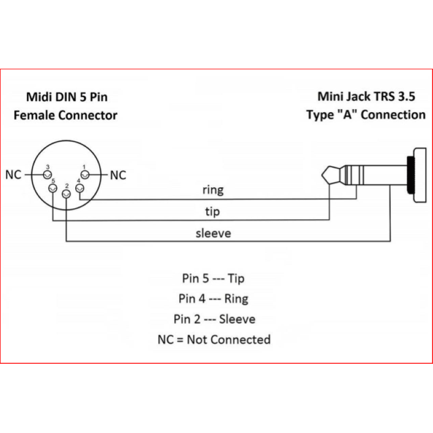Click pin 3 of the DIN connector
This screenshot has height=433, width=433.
(x=48, y=175)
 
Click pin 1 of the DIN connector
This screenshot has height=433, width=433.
(x=85, y=175)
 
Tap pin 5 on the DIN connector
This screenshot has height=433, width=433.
(x=53, y=188)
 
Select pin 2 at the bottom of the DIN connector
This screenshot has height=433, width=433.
(x=66, y=194)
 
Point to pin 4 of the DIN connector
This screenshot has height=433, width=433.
(x=80, y=188)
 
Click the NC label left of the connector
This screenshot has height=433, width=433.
(x=13, y=175)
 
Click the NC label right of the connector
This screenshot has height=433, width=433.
(x=118, y=175)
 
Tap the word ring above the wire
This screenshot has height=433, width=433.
(x=213, y=191)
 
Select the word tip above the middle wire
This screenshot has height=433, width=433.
(x=212, y=212)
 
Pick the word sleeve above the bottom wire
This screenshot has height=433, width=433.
(x=213, y=233)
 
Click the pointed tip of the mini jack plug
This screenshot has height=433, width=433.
(x=322, y=175)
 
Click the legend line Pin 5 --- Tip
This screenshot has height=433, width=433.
(x=213, y=278)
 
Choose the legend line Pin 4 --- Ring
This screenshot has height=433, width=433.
(x=213, y=299)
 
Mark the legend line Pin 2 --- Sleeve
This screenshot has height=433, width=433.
(x=214, y=319)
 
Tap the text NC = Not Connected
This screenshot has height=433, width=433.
(x=214, y=340)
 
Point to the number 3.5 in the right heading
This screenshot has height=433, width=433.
(x=406, y=97)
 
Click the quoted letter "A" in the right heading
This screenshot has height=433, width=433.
(x=347, y=115)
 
